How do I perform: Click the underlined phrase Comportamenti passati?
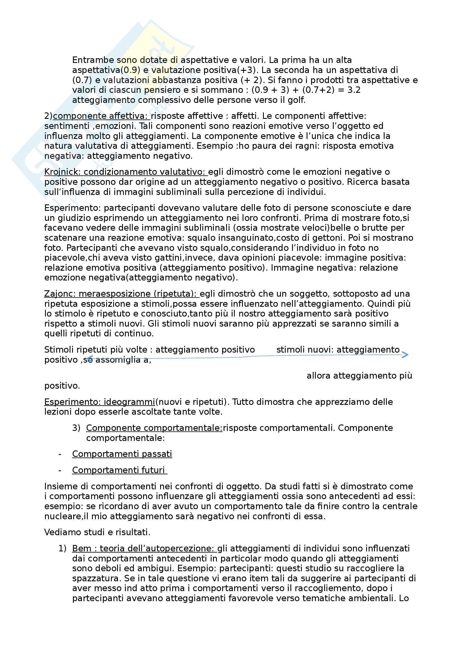pos(122,454)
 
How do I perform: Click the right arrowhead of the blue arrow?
pos(405,355)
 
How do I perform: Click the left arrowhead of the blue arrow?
pos(89,358)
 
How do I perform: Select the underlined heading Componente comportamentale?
pos(154,428)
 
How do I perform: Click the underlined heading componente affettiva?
pos(101,116)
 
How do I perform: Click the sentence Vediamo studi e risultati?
pos(97,532)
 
